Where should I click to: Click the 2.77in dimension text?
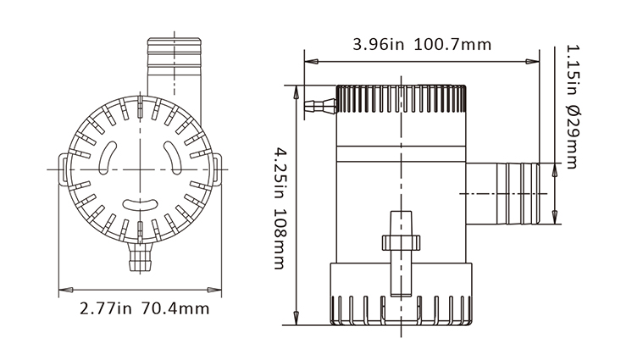coord(106,307)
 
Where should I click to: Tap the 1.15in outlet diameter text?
coord(572,69)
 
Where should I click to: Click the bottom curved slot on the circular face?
coord(139,203)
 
